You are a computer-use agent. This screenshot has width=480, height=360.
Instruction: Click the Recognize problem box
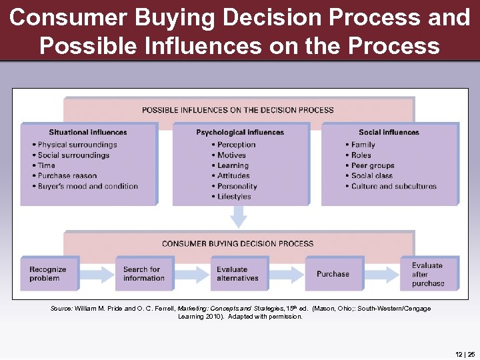coord(49,273)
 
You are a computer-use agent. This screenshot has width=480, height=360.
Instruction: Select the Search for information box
coord(143,273)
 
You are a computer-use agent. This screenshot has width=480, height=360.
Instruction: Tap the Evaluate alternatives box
coord(238,273)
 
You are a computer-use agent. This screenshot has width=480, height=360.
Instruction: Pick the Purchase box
coord(333,273)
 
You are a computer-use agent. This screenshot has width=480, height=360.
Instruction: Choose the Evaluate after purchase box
coord(429,273)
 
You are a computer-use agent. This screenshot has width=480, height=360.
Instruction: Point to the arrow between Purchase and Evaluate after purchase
coord(381,273)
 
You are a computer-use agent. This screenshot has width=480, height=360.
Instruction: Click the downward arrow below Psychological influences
coord(238,217)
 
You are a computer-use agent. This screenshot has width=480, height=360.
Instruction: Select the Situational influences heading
coord(87,133)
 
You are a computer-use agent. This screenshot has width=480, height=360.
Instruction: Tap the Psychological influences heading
coord(240,133)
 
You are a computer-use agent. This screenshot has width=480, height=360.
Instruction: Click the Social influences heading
coord(389,133)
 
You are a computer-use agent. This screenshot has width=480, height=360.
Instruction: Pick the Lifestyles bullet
coord(234,197)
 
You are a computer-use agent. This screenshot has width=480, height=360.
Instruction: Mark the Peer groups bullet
coord(373,165)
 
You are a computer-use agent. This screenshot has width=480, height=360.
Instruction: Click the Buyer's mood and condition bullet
coord(87,186)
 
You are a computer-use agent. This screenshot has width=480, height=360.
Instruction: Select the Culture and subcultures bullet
coord(393,186)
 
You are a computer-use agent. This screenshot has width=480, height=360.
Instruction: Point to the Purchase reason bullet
coord(67,176)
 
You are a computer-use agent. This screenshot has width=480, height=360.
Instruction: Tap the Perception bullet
coord(236,145)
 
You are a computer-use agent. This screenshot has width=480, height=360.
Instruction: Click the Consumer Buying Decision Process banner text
coord(237,244)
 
